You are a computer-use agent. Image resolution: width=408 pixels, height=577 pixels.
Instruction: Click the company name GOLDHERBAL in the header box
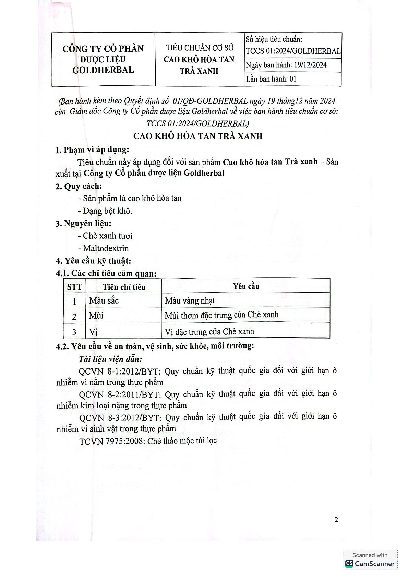[103, 70]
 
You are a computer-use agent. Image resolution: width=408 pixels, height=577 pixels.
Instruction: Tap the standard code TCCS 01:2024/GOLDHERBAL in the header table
[293, 51]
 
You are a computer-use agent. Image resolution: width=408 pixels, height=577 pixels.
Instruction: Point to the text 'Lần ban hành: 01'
[271, 79]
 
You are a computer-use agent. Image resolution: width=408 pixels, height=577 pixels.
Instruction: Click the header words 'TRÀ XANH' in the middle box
[199, 71]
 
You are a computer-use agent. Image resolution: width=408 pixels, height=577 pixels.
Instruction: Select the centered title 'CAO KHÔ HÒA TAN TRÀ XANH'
[198, 136]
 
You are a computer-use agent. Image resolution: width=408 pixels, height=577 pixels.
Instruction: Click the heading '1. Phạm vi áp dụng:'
[92, 150]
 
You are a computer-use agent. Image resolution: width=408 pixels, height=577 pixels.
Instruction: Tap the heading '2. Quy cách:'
[79, 186]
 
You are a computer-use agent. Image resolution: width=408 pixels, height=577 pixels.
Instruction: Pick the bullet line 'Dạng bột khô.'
[107, 211]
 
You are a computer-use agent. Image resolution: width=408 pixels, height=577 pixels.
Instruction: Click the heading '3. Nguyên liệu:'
[83, 224]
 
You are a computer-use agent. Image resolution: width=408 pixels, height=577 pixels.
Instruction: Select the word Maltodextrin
[106, 248]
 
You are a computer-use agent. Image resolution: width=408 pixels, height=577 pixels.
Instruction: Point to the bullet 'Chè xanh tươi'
[107, 236]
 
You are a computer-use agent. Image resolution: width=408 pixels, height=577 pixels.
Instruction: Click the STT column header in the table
[74, 287]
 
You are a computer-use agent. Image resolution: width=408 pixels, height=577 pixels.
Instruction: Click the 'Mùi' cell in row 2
[96, 316]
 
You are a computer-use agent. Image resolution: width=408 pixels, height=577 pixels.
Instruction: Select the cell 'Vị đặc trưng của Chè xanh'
[209, 332]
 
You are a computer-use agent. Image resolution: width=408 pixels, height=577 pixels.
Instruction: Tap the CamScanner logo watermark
[370, 563]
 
